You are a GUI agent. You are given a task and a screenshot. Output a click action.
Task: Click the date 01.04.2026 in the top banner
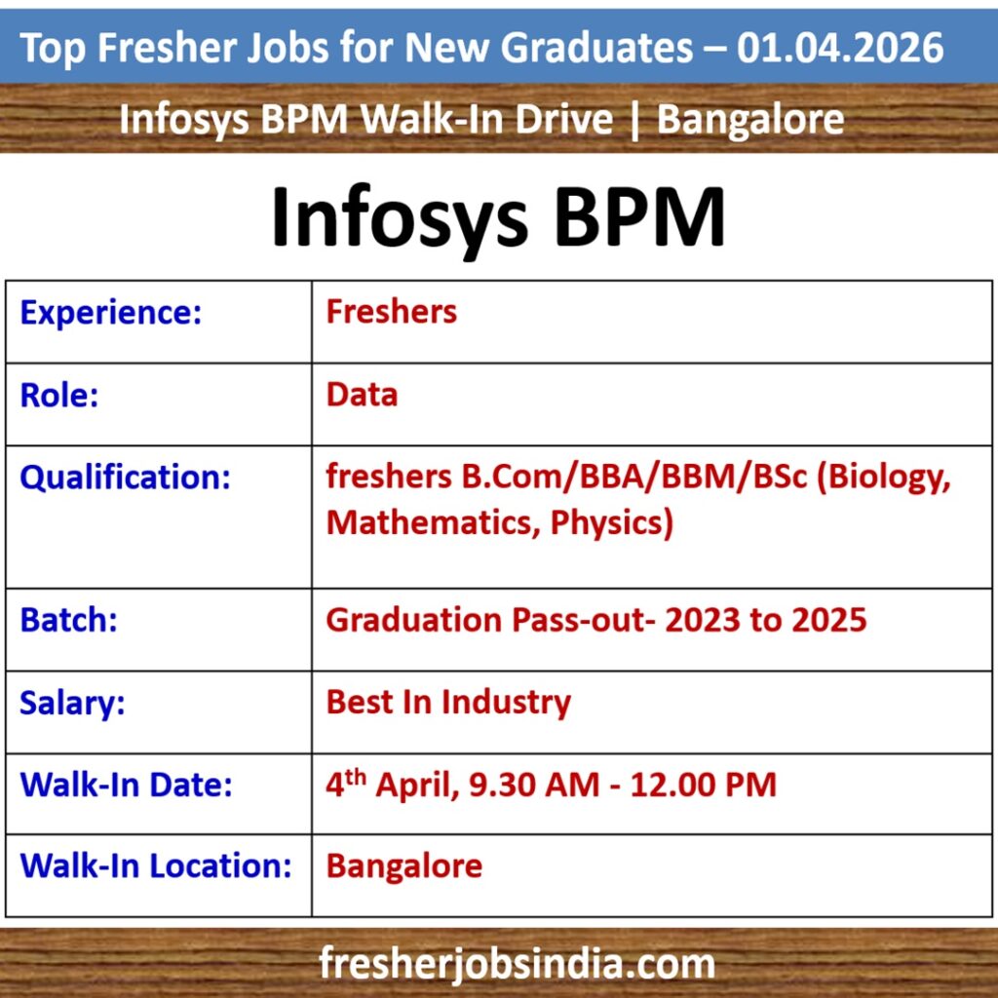pos(840,47)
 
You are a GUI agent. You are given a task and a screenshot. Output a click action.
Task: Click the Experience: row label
pos(110,313)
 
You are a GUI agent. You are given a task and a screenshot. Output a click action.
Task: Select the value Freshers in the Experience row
pos(391,312)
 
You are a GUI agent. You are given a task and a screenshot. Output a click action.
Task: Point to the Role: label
pos(59,395)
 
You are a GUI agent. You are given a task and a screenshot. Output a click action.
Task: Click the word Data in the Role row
pos(362,395)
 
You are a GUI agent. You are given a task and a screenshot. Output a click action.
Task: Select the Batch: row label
pos(68,620)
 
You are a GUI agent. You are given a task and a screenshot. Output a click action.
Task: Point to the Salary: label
pos(72,703)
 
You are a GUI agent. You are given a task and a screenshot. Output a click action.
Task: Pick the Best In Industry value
pos(448,702)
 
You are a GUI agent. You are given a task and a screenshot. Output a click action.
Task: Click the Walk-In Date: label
pos(126,785)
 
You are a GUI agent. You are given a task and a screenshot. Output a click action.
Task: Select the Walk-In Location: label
pos(156,866)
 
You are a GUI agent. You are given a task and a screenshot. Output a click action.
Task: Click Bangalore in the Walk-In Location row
pos(403,866)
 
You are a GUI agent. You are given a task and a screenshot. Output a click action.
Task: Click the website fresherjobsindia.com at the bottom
pos(517,965)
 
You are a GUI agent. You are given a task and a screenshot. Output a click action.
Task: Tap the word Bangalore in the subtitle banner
pos(750,120)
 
